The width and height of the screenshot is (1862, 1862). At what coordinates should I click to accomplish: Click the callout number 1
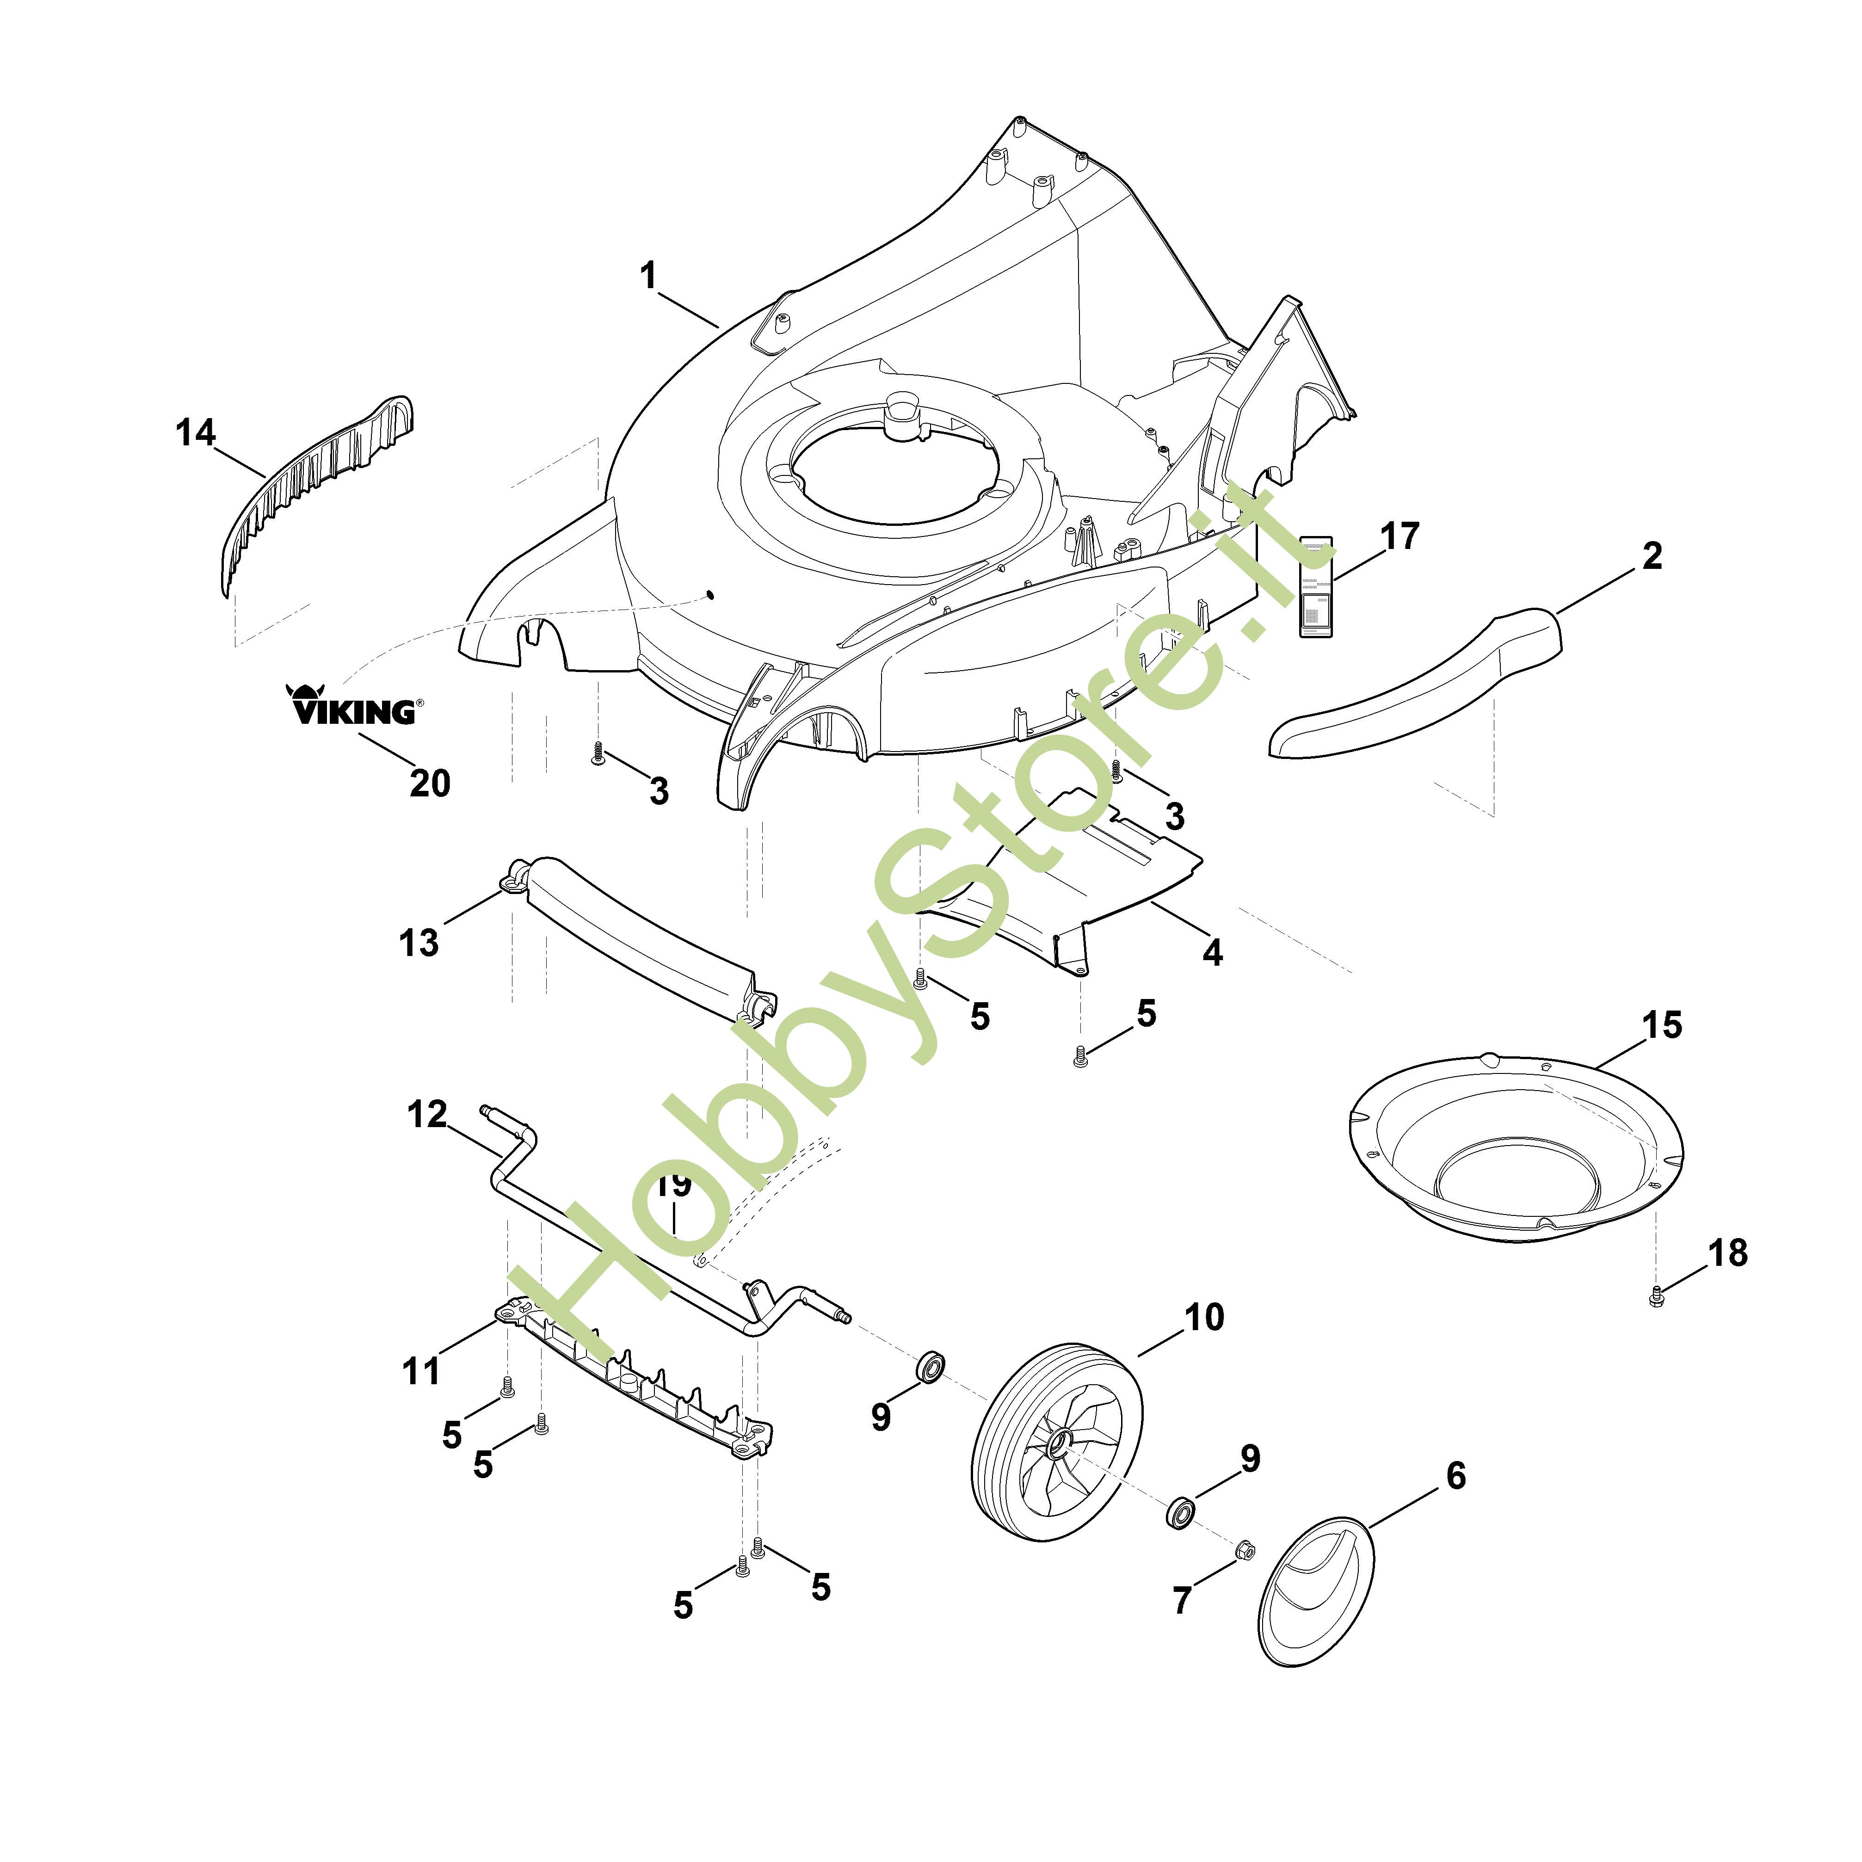tap(648, 276)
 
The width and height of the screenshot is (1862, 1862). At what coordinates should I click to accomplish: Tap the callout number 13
tap(419, 943)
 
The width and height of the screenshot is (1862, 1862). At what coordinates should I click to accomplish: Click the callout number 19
tap(675, 1184)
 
